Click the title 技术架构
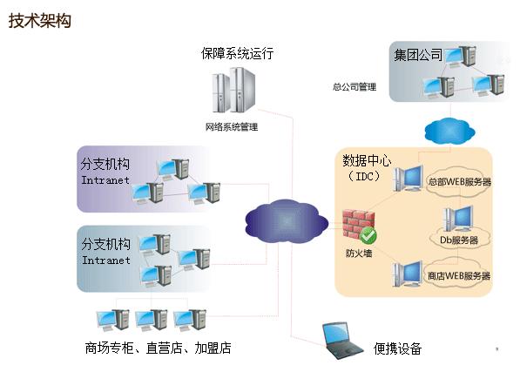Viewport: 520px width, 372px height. pos(40,21)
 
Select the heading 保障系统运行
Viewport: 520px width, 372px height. pos(238,53)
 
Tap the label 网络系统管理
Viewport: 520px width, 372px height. pos(232,126)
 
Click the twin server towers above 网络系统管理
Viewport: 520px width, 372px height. pos(234,90)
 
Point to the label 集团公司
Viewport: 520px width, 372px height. pos(418,55)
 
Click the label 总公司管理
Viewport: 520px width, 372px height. pos(355,87)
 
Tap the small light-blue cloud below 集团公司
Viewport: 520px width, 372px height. pos(449,131)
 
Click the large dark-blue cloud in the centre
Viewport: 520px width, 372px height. pos(287,220)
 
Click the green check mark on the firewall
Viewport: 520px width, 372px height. pos(368,235)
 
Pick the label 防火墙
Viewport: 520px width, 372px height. pos(359,254)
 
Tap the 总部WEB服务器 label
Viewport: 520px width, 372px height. pos(460,182)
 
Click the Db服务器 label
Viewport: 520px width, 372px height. pos(459,240)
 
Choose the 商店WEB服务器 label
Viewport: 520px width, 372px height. pos(459,276)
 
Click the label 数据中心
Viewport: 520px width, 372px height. pos(367,161)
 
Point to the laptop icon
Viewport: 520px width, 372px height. pos(341,341)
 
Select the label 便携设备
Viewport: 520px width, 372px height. pos(397,348)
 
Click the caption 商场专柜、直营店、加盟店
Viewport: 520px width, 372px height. pos(159,348)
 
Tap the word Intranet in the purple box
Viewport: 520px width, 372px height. pos(105,180)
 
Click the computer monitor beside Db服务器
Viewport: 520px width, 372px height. pos(463,218)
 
